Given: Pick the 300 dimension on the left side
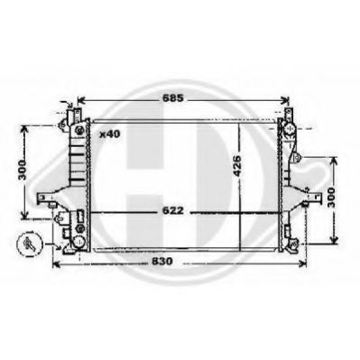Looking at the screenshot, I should coord(22,171).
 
